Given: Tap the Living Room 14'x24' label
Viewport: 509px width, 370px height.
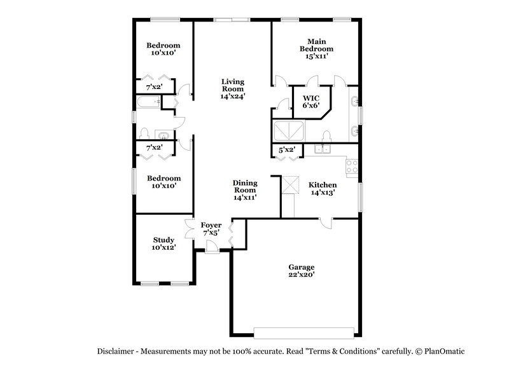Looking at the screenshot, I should pos(233,89).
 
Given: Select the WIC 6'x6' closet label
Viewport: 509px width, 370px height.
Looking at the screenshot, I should pos(310,102).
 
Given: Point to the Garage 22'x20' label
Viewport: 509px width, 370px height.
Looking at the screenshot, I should pos(301,271).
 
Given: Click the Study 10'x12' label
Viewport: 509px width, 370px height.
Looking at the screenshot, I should pos(164,243).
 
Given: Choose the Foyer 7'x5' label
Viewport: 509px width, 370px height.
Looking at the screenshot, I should pos(211,229).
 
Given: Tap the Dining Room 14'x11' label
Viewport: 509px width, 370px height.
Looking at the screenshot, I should pos(244,189).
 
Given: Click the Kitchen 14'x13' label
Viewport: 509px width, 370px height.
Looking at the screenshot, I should pos(322,188).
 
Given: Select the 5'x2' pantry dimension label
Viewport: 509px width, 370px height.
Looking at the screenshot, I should pos(288,150).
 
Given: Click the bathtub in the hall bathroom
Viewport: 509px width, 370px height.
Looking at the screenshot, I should pos(147,102).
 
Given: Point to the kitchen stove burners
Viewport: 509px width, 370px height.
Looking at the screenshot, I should pos(351,167).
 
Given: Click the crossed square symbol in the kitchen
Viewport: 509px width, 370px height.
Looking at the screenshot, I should pos(290,185).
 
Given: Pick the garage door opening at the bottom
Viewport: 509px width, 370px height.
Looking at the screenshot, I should pos(303,331).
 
